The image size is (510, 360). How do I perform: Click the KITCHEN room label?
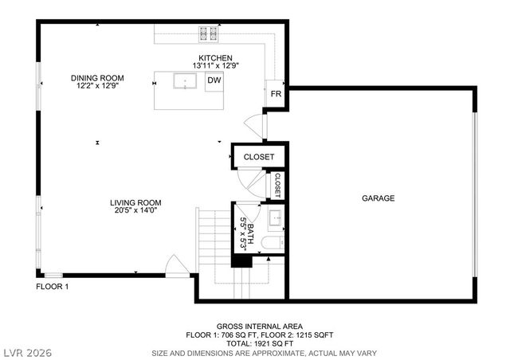pyautogui.click(x=215, y=58)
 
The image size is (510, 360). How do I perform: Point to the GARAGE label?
pyautogui.click(x=378, y=198)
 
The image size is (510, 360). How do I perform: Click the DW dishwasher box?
pyautogui.click(x=214, y=80)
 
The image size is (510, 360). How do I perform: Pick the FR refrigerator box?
pyautogui.click(x=276, y=93)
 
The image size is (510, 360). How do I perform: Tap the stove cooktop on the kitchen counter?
pyautogui.click(x=210, y=33)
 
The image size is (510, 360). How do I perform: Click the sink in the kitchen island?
pyautogui.click(x=185, y=81)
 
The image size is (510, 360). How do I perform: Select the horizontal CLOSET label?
pyautogui.click(x=258, y=157)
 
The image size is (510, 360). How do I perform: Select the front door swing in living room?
pyautogui.click(x=173, y=264)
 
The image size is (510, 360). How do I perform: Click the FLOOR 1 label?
pyautogui.click(x=53, y=287)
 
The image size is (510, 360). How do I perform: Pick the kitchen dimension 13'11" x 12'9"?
pyautogui.click(x=215, y=66)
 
